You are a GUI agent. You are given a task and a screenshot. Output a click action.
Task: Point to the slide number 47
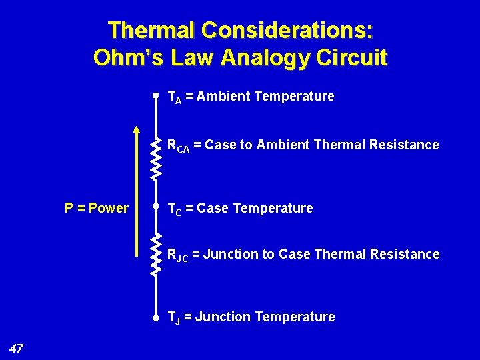[x=17, y=347]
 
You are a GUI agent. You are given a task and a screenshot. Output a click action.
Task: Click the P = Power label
[x=96, y=208]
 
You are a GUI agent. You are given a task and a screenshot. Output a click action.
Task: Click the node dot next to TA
[x=155, y=96]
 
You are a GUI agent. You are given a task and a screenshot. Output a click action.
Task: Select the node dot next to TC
[x=155, y=207]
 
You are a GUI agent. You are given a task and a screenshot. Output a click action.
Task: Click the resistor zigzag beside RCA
[x=155, y=158]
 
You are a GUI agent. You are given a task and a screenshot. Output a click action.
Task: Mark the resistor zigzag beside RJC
[x=155, y=254]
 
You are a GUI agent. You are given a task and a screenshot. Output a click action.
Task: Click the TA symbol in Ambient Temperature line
[x=174, y=97]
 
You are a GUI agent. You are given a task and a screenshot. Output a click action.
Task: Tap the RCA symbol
[x=178, y=146]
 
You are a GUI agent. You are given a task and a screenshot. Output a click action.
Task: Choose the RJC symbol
[x=178, y=255]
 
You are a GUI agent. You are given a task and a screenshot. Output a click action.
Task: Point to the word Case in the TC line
[x=213, y=208]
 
